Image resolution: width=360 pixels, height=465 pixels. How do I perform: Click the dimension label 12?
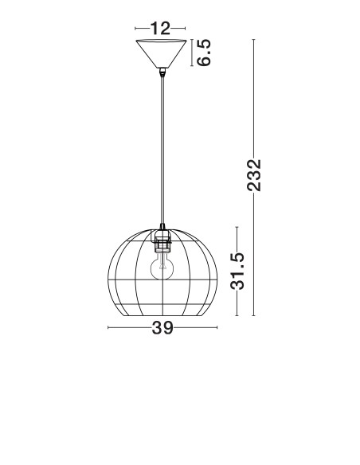(160, 29)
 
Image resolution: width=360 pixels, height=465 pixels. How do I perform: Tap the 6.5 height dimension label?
(204, 53)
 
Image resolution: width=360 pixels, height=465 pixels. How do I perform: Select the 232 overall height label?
(254, 175)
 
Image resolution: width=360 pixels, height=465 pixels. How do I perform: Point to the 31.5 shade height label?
(237, 271)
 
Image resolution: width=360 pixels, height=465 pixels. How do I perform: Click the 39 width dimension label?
(162, 328)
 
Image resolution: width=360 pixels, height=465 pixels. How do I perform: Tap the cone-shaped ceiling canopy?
(162, 53)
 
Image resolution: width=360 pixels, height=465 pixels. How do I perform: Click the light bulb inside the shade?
(162, 266)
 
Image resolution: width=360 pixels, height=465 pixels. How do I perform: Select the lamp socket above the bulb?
(162, 240)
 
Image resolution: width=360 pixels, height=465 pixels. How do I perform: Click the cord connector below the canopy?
(162, 72)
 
